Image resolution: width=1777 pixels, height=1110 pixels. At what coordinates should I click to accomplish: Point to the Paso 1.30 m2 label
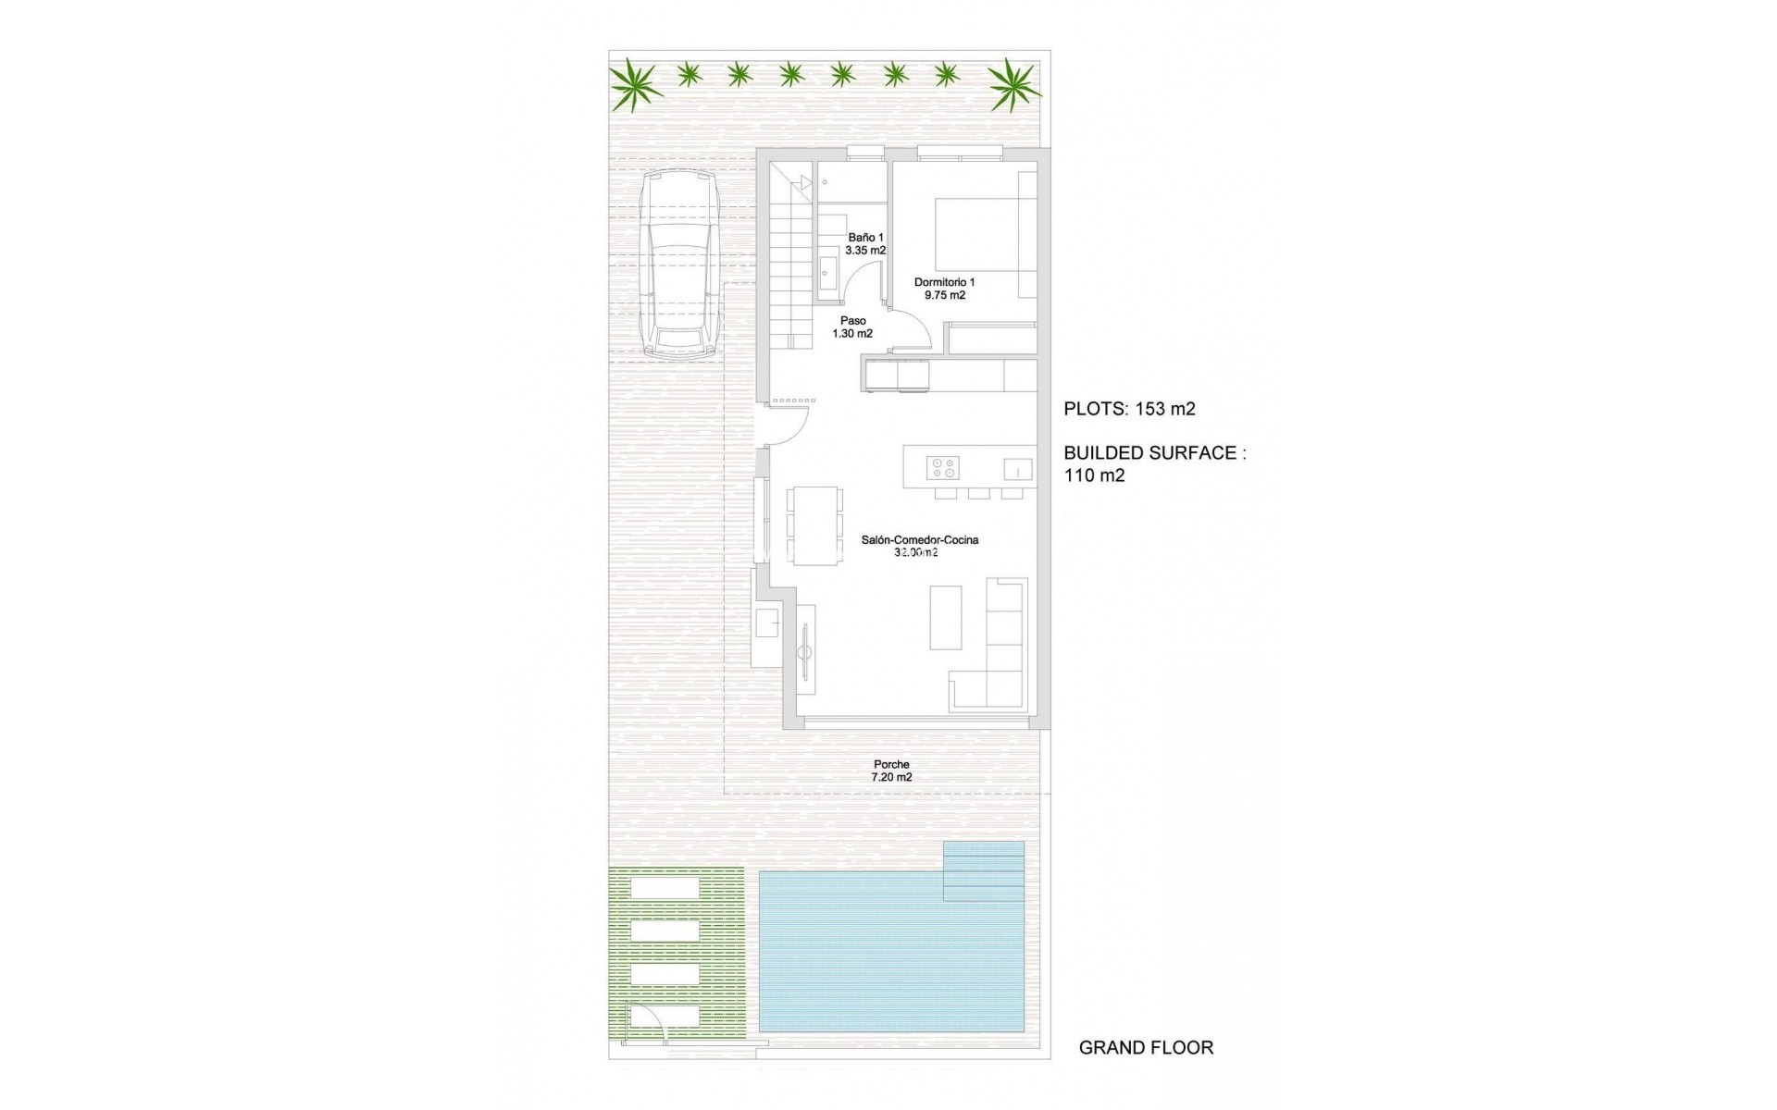pos(852,327)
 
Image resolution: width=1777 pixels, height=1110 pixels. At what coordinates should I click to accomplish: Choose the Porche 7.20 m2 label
pos(891,771)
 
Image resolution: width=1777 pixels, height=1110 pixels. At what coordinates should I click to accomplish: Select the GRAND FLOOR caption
pos(1146,1048)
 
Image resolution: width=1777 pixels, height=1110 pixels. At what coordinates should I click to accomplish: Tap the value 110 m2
pos(1094,475)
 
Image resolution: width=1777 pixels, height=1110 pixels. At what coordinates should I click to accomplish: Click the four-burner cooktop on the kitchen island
pos(944,468)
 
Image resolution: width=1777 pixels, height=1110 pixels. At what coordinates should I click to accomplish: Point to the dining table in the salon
pos(814,525)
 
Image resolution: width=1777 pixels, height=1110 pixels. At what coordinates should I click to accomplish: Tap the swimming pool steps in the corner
pos(984,871)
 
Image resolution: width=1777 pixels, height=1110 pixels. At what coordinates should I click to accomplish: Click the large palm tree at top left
pos(635,84)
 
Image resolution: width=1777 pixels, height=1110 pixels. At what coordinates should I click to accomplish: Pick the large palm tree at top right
pos(1014,85)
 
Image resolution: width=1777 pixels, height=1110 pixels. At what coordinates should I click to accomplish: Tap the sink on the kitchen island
pos(1018,470)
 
